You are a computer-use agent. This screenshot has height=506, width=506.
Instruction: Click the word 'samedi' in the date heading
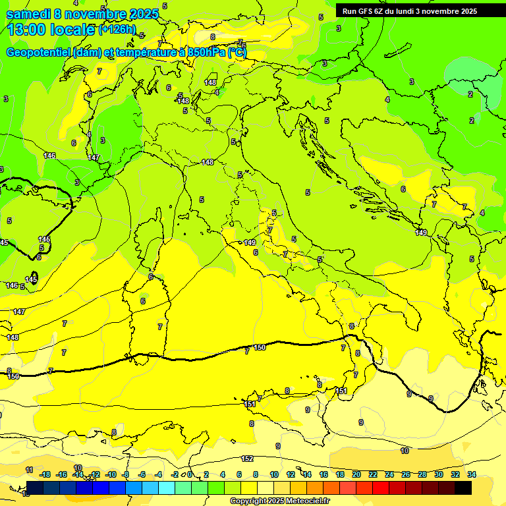point(30,14)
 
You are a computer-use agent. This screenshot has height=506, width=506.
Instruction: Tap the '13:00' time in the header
point(26,30)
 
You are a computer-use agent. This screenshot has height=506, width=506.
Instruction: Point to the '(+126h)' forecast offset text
point(117,29)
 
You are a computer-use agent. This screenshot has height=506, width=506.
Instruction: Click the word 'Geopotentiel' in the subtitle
point(39,52)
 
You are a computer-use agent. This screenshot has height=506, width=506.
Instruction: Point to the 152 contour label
point(247,459)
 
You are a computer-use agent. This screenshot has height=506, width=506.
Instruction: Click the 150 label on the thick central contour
point(260,347)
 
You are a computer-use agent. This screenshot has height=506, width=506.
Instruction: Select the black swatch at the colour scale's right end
point(463,488)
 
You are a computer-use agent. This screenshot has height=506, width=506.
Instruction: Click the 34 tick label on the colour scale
point(472,474)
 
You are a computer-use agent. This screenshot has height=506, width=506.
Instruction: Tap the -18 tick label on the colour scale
point(45,474)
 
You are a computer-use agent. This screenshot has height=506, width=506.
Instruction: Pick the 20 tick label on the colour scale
point(356,474)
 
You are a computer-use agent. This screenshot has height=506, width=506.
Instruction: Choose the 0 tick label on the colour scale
point(190,474)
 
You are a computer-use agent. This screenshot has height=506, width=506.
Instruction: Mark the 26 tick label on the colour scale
point(406,474)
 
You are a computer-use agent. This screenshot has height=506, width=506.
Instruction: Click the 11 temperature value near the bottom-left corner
point(29,470)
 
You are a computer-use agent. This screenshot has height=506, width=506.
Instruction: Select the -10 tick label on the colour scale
point(111,474)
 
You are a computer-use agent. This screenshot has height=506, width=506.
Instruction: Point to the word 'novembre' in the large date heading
point(102,14)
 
